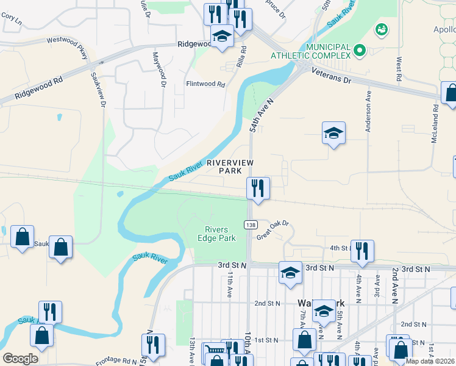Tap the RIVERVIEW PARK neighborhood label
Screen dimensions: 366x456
[x=229, y=167]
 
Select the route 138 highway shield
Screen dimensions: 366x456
[x=251, y=224]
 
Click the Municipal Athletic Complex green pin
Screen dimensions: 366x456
[x=359, y=50]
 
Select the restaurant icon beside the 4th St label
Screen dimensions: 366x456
[x=363, y=251]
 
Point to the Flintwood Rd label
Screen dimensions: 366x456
[x=206, y=84]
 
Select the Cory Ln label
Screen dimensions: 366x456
[x=11, y=20]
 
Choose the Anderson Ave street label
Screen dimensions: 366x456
[x=368, y=112]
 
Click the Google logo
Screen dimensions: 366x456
[x=20, y=359]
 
